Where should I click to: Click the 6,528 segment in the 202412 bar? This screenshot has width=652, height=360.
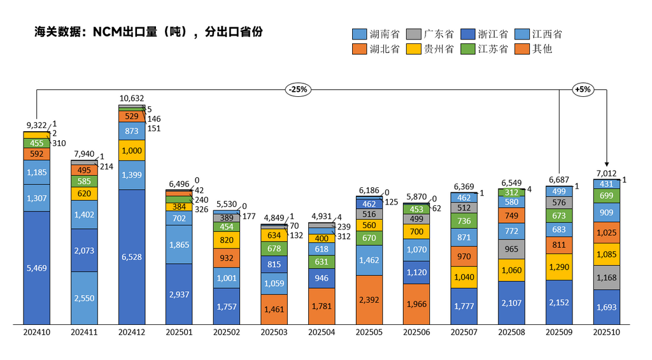(x=132, y=256)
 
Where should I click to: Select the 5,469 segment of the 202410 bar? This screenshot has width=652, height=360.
(x=37, y=268)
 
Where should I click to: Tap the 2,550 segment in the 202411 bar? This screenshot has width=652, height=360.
(x=84, y=298)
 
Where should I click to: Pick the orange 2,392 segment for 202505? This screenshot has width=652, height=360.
(x=369, y=299)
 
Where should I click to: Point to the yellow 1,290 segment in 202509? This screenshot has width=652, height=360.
(x=558, y=268)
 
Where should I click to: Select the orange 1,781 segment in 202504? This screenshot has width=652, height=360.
(x=322, y=306)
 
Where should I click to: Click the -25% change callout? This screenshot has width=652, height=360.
(x=297, y=90)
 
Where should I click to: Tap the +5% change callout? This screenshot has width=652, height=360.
(x=583, y=90)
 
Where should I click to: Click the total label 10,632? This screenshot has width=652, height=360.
(x=132, y=99)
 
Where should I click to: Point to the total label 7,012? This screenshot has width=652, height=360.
(x=606, y=173)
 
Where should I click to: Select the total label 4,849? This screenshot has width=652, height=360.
(x=274, y=218)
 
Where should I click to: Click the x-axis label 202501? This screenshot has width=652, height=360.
(x=179, y=332)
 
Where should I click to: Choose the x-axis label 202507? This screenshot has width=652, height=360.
(x=464, y=332)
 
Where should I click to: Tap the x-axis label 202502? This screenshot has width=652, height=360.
(x=227, y=332)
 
